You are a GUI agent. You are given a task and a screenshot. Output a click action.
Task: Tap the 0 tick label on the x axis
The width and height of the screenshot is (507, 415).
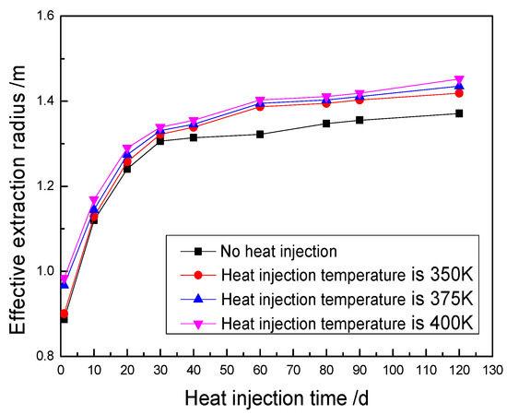(x=61, y=371)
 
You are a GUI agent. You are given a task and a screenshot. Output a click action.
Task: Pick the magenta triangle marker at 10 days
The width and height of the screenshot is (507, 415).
(x=94, y=200)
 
